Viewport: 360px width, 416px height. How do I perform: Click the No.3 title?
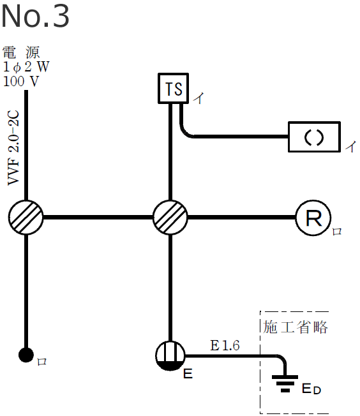point(35,17)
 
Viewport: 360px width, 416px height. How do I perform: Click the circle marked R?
point(313,218)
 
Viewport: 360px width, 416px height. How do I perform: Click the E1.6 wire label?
point(225,346)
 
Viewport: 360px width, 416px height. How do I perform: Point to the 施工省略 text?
point(296,327)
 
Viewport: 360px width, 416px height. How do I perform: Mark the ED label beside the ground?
point(311,389)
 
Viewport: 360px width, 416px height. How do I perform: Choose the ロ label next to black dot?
point(41,362)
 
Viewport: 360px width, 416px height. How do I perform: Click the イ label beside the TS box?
point(199,98)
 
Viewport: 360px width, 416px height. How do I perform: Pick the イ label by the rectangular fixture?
point(350,146)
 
